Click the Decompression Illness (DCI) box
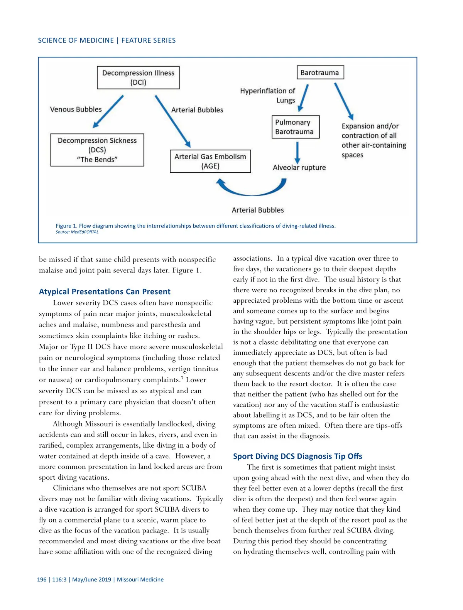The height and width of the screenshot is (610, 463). point(138,78)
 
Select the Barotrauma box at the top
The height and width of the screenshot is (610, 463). point(320,72)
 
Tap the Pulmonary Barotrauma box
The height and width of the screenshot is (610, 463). point(296,127)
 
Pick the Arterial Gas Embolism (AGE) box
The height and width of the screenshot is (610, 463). point(210,161)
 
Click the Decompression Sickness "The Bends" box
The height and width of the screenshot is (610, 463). point(97,150)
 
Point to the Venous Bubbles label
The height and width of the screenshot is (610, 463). point(76,110)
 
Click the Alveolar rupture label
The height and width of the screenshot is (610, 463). point(299,167)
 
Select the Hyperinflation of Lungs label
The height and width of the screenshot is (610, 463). point(267,96)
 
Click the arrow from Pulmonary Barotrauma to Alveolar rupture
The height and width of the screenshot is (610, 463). point(297,153)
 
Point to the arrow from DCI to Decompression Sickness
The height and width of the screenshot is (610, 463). point(108,111)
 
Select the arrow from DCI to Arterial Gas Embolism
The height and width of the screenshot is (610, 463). point(172,121)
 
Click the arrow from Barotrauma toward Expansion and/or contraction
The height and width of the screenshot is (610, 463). point(343,101)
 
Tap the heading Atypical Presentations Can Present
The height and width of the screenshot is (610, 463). point(105,292)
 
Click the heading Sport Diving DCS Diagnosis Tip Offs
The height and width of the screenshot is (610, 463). point(297,456)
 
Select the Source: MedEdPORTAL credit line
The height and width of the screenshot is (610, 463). point(77,232)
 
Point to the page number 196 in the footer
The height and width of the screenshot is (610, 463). point(42,580)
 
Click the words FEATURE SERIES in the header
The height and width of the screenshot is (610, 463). point(149,40)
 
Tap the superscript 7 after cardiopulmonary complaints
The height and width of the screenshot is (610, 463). point(182,377)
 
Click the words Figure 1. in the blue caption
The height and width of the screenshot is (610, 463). point(66,226)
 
